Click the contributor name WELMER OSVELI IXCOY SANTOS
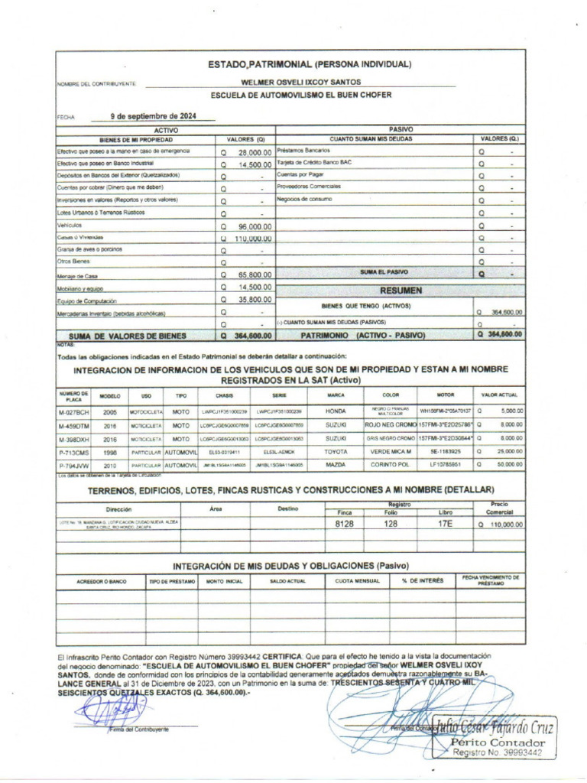(x=301, y=82)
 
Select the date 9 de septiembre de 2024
(x=152, y=116)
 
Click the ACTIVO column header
(x=166, y=131)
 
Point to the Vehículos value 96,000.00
(x=255, y=227)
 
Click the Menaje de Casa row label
(x=77, y=276)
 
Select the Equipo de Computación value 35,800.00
(x=255, y=300)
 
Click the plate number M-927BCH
(x=74, y=411)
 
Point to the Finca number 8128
(x=345, y=525)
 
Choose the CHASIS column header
(x=224, y=395)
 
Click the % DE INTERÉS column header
(x=422, y=581)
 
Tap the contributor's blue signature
(x=102, y=711)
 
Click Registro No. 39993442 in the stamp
(x=498, y=753)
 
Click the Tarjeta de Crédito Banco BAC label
(x=314, y=163)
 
